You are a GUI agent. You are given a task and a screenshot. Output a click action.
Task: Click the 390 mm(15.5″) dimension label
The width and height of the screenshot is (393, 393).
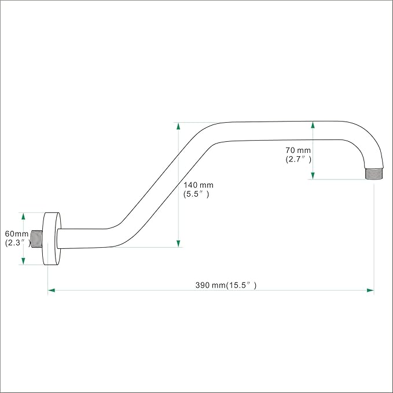pyautogui.click(x=226, y=285)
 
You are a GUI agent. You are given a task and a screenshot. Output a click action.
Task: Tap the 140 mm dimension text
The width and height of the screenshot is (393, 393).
pyautogui.click(x=199, y=185)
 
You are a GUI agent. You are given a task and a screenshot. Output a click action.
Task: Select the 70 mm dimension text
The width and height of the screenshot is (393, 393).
pyautogui.click(x=298, y=150)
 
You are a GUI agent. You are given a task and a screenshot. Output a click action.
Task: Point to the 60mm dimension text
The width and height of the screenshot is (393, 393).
pyautogui.click(x=17, y=234)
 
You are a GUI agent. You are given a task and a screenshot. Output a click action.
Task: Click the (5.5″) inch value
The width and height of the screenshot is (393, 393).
pyautogui.click(x=196, y=194)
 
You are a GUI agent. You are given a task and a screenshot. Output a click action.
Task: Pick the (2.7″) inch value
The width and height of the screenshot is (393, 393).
pyautogui.click(x=298, y=159)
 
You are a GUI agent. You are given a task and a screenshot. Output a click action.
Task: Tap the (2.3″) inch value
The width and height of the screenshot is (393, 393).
pyautogui.click(x=17, y=243)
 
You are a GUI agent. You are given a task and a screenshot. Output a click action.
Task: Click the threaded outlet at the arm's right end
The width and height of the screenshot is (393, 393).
pyautogui.click(x=374, y=174)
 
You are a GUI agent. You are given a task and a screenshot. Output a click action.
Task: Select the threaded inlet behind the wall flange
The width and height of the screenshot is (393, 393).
pyautogui.click(x=37, y=239)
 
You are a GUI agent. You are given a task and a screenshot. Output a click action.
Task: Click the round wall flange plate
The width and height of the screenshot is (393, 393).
pyautogui.click(x=52, y=238)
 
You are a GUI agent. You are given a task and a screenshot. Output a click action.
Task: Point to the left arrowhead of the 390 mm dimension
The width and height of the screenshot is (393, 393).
pyautogui.click(x=52, y=290)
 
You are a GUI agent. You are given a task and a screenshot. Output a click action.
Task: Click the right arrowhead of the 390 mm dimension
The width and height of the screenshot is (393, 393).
pyautogui.click(x=370, y=290)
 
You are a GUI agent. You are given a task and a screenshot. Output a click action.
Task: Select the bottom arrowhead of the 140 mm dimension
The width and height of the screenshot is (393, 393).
pyautogui.click(x=178, y=243)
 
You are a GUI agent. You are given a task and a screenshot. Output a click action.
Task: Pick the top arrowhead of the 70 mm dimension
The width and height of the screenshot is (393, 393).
pyautogui.click(x=313, y=125)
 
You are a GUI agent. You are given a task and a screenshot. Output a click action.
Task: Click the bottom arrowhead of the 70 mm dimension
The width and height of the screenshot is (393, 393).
pyautogui.click(x=313, y=176)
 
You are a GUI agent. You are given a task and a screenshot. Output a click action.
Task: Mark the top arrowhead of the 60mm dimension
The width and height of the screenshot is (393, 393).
pyautogui.click(x=23, y=216)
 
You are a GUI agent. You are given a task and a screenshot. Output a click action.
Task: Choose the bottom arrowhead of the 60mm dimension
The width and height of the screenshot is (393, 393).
pyautogui.click(x=23, y=261)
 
